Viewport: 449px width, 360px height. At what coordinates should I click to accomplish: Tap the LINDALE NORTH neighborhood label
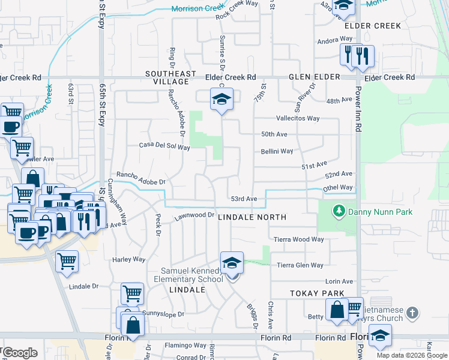[252, 217]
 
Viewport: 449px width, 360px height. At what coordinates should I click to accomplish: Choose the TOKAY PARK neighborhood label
[317, 293]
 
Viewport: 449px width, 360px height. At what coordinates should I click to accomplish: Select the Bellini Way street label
[277, 151]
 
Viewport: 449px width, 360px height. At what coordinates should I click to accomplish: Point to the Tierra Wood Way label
[298, 239]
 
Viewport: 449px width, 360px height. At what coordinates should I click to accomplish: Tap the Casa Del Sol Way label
[164, 145]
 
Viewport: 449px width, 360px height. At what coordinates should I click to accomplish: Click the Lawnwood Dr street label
[194, 214]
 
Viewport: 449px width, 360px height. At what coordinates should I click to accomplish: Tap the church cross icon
[412, 313]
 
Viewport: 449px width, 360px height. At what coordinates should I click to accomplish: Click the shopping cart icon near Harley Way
[67, 261]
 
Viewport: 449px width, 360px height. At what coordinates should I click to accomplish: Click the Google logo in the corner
[19, 352]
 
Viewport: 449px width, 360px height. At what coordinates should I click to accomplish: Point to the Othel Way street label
[338, 187]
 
